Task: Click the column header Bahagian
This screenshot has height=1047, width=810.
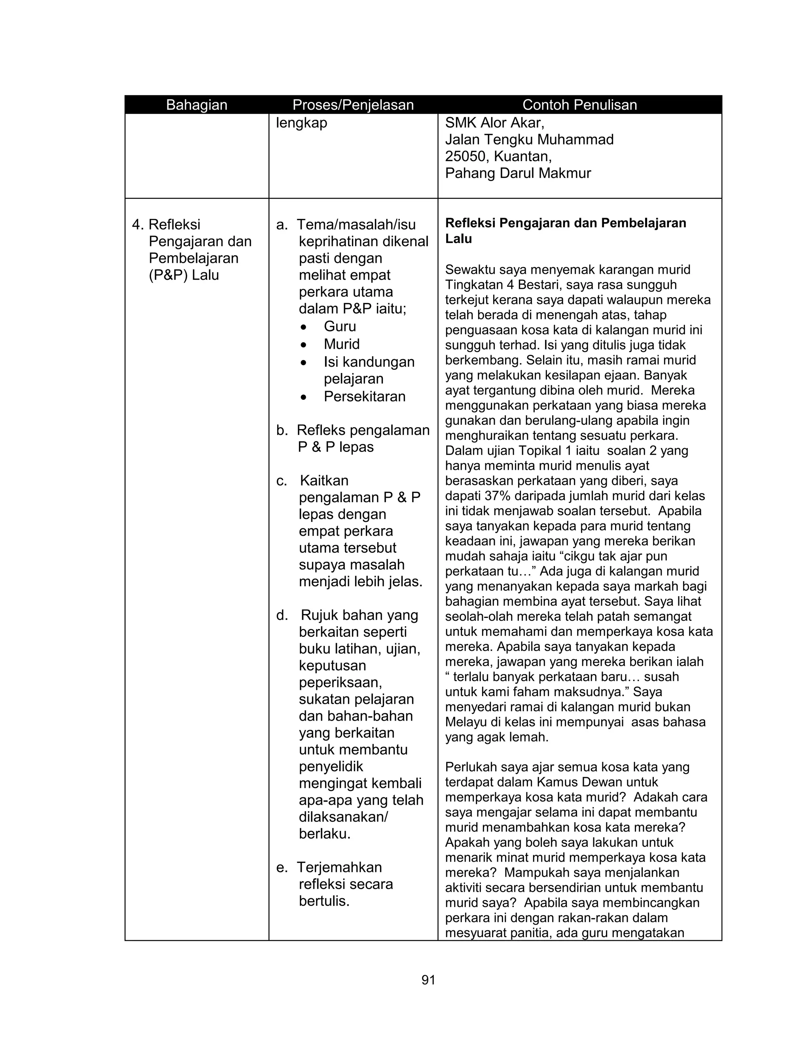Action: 196,105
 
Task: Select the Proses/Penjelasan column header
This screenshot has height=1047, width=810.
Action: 353,105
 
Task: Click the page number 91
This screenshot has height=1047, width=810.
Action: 428,980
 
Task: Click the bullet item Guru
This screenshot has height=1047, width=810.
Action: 340,326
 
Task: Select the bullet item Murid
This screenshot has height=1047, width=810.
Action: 341,344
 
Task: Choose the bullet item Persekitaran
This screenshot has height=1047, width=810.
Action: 364,396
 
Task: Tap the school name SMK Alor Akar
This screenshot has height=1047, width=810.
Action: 494,123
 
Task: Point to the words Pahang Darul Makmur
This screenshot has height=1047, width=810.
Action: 518,173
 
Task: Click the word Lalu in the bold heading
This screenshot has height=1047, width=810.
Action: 458,239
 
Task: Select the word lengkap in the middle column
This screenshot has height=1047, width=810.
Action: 301,123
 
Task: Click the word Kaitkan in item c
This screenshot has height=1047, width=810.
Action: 324,480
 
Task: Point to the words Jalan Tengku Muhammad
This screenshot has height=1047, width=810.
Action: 529,139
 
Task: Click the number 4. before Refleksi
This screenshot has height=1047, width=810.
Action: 138,224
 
